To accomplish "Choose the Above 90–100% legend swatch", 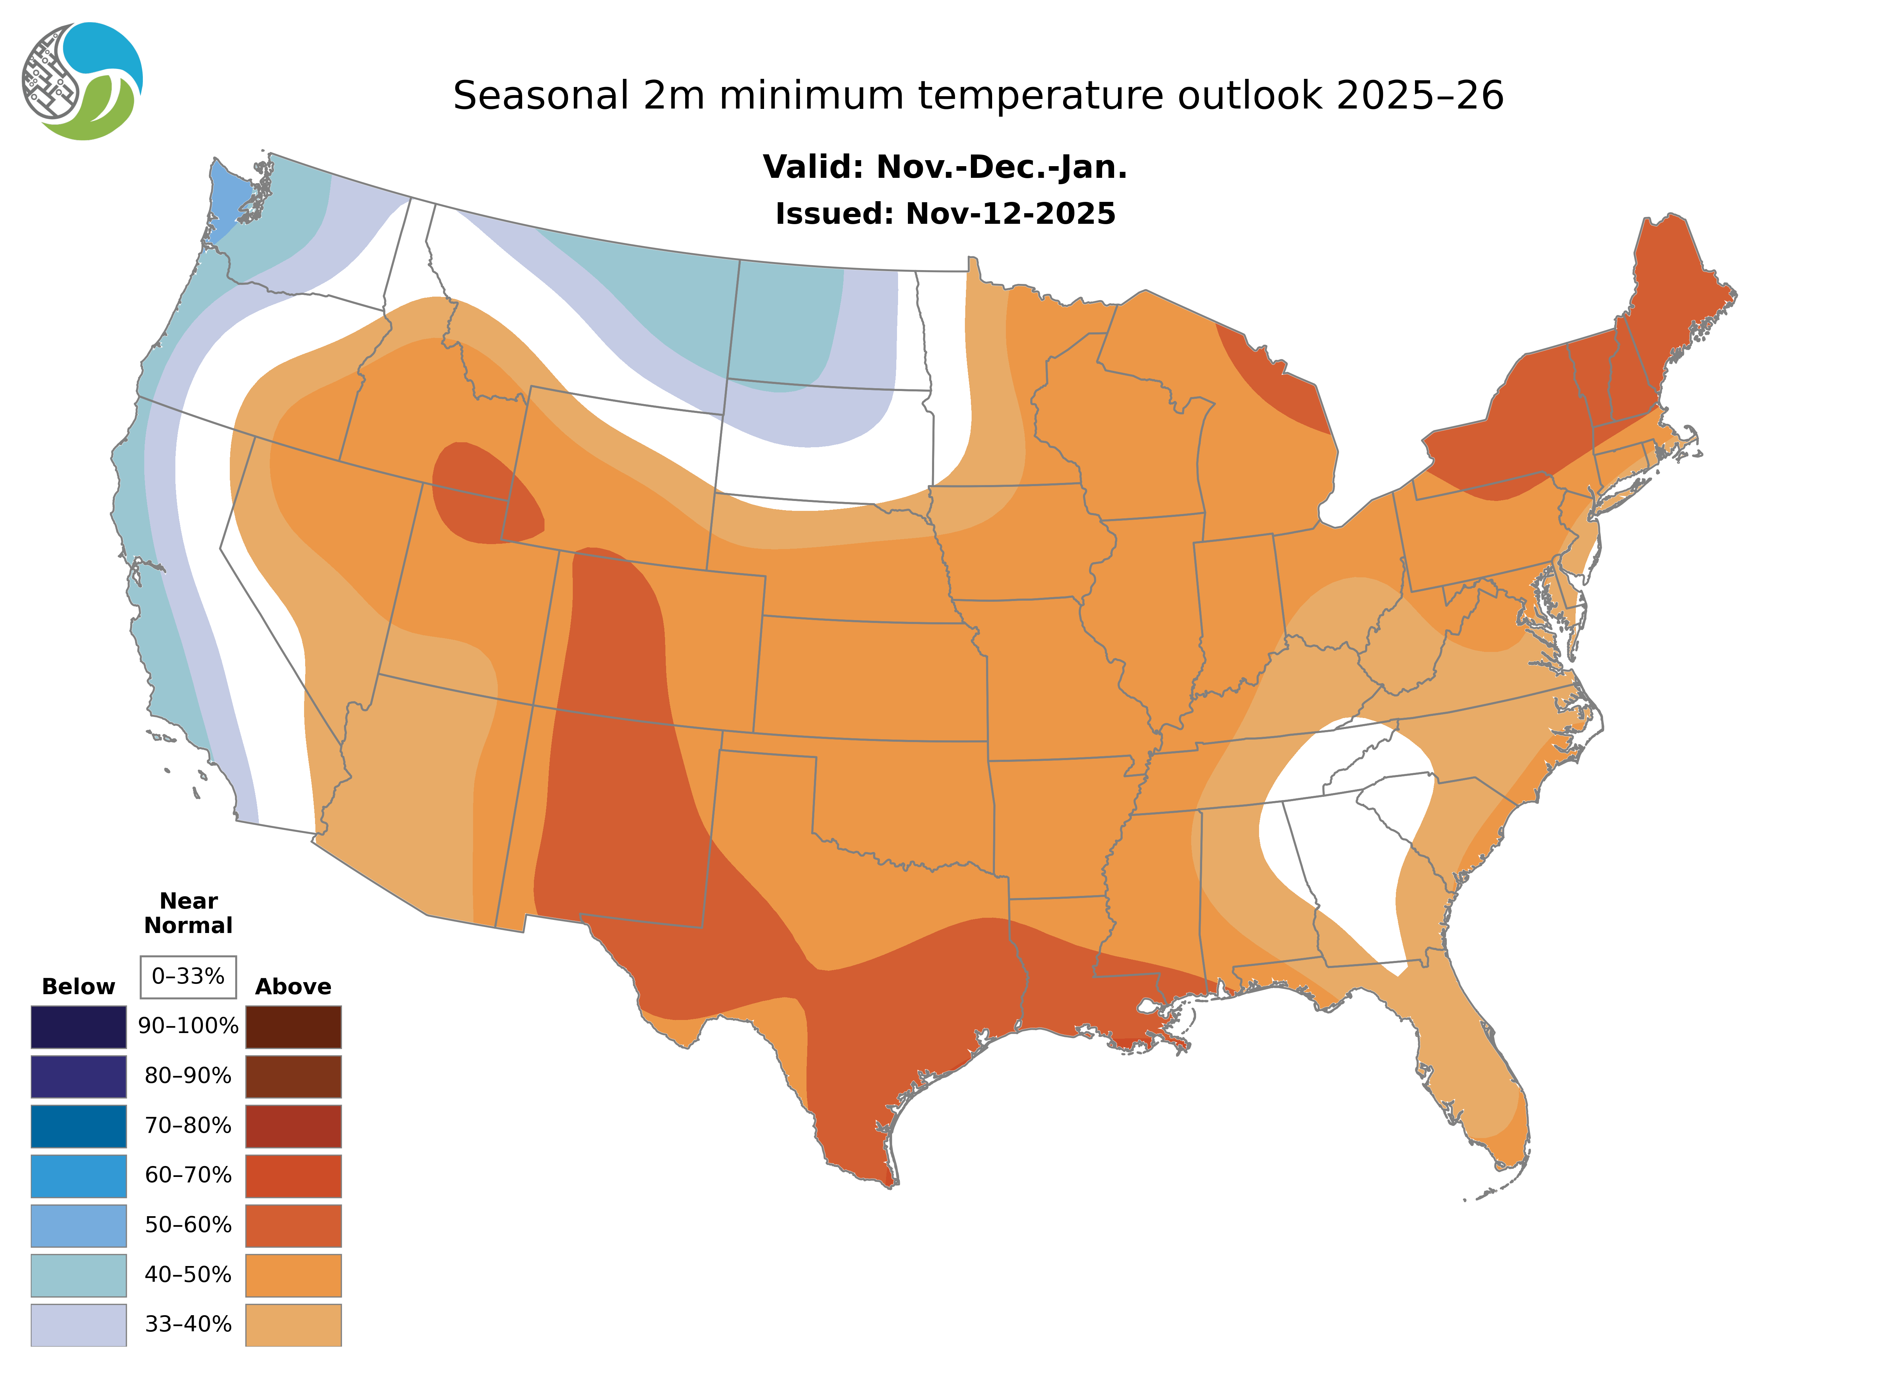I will (x=293, y=1027).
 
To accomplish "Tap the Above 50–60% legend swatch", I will (x=293, y=1225).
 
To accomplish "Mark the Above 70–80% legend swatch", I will (x=293, y=1126).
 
